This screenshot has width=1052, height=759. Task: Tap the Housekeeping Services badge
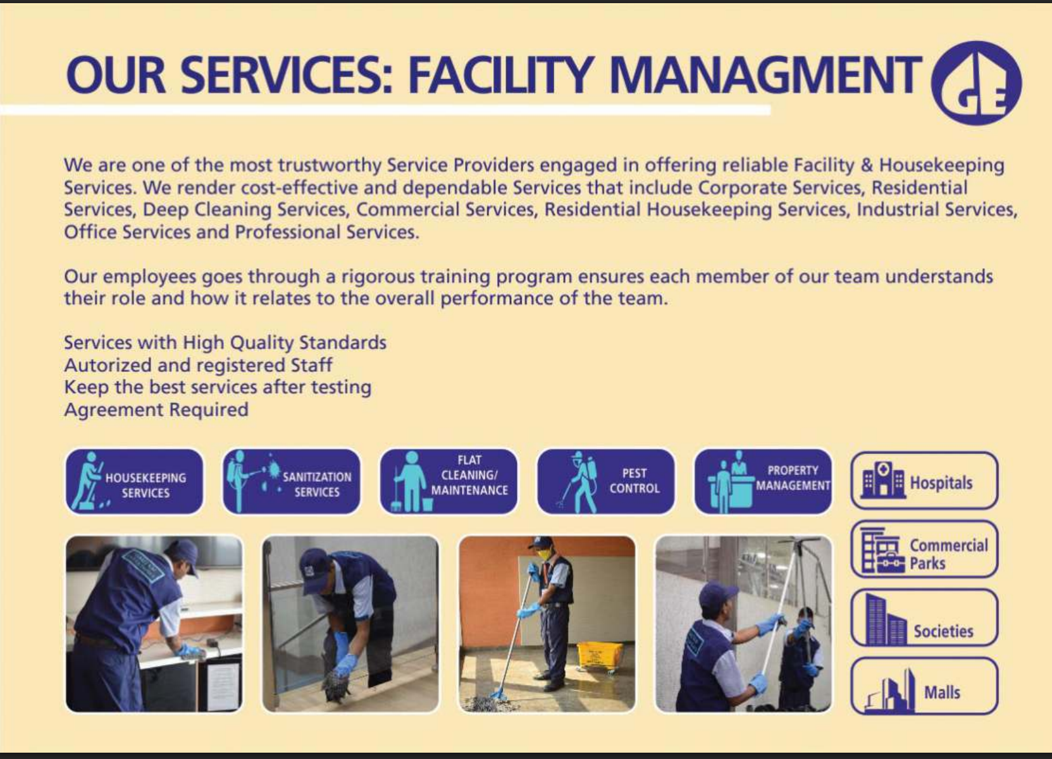click(134, 481)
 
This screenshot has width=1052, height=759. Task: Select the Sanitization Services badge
click(292, 481)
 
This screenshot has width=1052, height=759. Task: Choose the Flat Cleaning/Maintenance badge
click(449, 481)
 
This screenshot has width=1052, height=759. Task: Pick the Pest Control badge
click(606, 481)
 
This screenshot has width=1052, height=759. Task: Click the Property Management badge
click(763, 481)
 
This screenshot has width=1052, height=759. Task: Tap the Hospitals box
click(924, 481)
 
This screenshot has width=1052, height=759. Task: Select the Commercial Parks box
click(924, 549)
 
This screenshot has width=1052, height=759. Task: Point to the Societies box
click(924, 617)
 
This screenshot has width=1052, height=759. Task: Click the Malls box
click(924, 686)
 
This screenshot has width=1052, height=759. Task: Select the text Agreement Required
click(156, 410)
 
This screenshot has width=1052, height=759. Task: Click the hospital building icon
click(883, 479)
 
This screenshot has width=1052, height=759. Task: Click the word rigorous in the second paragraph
click(378, 277)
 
